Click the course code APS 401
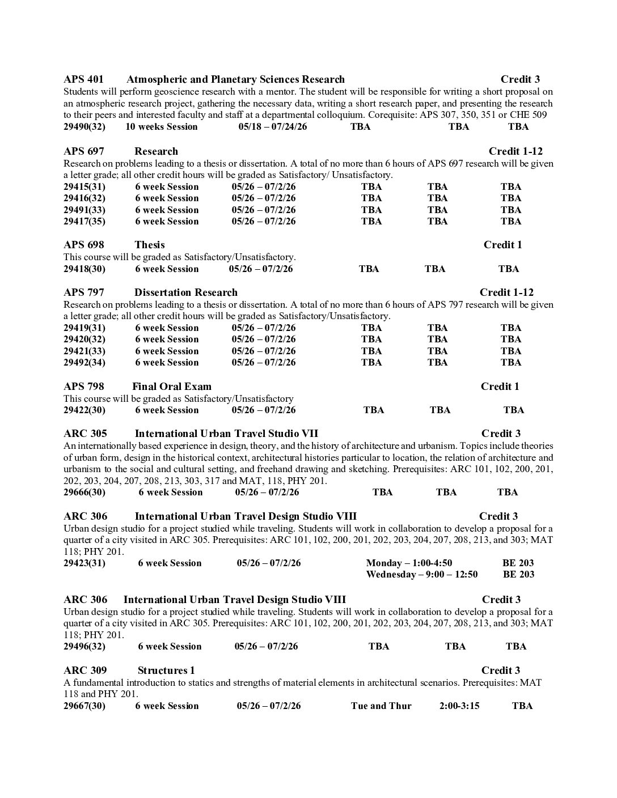[83, 79]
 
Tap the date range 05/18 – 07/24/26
[273, 126]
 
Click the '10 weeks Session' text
[162, 126]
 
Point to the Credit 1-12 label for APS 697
[515, 151]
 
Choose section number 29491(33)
[84, 210]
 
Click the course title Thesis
[150, 245]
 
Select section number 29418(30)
[84, 269]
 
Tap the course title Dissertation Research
[186, 292]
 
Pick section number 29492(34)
[84, 362]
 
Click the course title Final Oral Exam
[172, 387]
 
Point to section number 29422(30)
[84, 410]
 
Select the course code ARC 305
[85, 434]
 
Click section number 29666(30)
[84, 492]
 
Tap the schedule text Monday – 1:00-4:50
[409, 563]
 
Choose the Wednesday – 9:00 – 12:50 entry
[422, 574]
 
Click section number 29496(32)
[84, 646]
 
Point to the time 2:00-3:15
[459, 706]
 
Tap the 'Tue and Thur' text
[381, 706]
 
